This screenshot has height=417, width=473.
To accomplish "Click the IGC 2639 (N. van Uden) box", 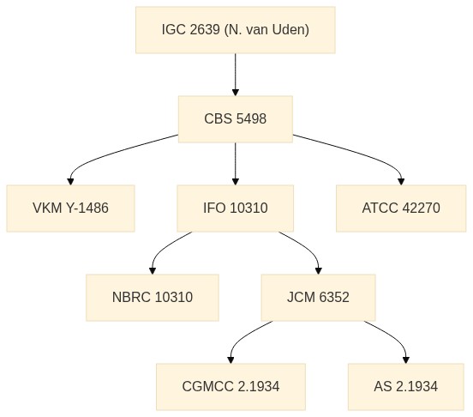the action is (x=236, y=30).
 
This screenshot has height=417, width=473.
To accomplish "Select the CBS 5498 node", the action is (x=236, y=119).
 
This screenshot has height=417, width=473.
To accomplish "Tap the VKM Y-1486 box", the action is (x=70, y=208).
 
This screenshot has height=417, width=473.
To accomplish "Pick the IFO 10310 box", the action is (x=236, y=208).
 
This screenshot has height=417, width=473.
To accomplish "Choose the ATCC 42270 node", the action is (x=401, y=208).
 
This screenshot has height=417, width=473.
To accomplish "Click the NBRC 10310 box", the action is (x=153, y=298).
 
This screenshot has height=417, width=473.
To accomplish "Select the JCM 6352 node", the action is (x=318, y=298).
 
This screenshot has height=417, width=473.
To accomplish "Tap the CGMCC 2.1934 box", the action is (x=231, y=387).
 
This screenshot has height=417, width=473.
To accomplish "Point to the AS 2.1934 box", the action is (x=405, y=387).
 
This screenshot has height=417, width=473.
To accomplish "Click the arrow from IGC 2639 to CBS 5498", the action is (x=236, y=75).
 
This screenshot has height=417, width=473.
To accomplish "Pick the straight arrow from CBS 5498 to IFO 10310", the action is (x=236, y=164).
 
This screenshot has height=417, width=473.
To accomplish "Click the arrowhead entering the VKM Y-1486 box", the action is (x=70, y=182).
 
